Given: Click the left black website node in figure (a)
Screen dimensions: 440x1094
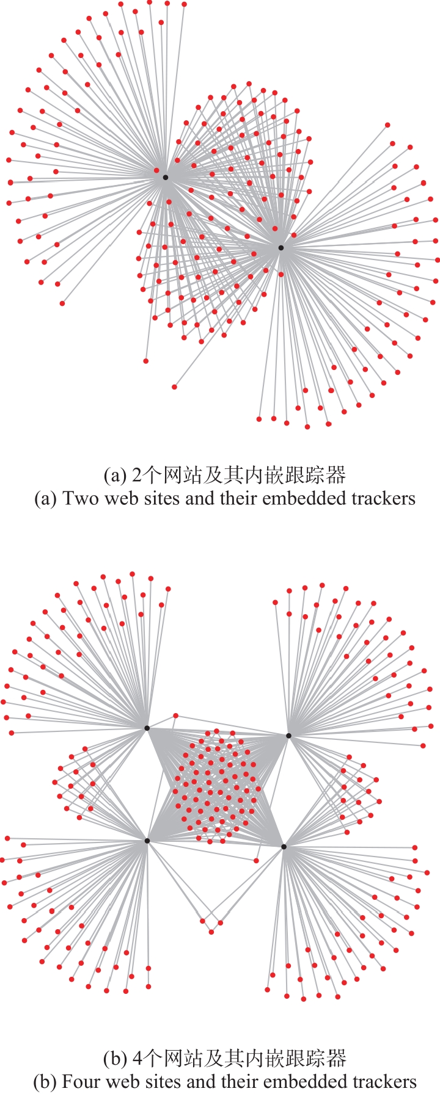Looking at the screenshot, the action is tap(165, 177).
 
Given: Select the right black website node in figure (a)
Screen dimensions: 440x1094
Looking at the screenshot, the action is tap(280, 248).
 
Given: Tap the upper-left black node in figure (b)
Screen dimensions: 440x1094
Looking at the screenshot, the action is tap(147, 728).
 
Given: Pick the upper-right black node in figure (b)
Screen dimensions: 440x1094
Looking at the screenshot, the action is tap(288, 736).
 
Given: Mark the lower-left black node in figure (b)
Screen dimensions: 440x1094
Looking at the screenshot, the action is tap(147, 841).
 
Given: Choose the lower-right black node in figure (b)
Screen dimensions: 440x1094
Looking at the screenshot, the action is tap(284, 846).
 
